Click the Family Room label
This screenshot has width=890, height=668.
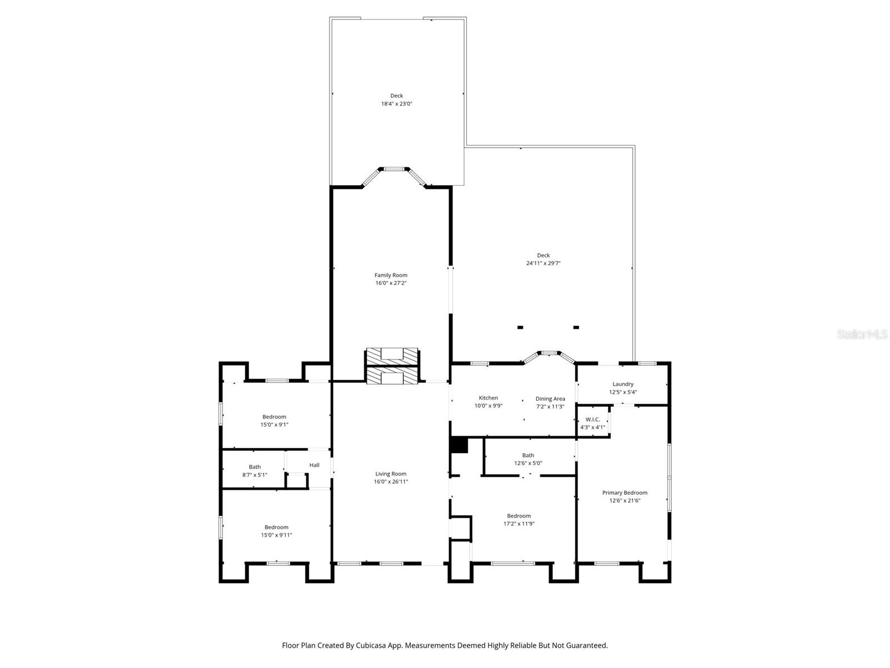(x=390, y=275)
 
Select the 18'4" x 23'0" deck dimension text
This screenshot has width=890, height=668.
(x=396, y=104)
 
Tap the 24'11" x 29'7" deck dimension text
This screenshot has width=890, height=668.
(x=543, y=263)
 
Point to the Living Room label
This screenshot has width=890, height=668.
(x=390, y=474)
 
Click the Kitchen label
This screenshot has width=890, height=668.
(x=488, y=398)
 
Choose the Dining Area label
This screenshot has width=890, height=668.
(x=550, y=399)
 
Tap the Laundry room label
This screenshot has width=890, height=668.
(x=622, y=384)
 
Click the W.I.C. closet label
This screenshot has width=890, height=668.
(x=592, y=419)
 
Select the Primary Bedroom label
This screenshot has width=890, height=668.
(x=624, y=493)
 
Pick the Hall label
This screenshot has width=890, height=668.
(x=314, y=465)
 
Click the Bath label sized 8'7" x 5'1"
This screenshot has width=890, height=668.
(x=255, y=467)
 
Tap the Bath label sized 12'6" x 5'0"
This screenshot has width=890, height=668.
(x=528, y=455)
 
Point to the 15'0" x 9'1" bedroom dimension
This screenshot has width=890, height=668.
(x=274, y=425)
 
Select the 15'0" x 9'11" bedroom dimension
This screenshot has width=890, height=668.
(x=276, y=535)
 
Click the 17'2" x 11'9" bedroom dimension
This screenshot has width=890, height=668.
(x=518, y=523)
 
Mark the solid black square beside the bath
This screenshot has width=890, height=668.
(x=459, y=445)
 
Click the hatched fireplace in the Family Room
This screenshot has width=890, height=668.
(x=392, y=356)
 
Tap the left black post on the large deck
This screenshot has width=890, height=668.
(x=520, y=327)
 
